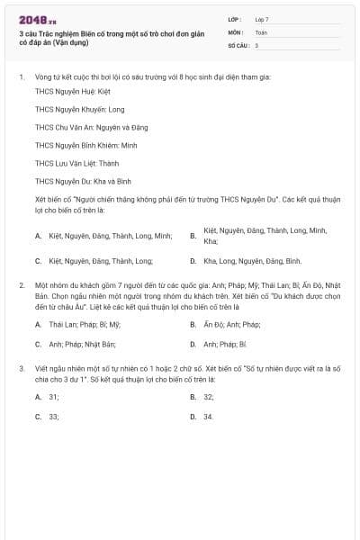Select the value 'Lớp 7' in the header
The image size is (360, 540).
pyautogui.click(x=262, y=18)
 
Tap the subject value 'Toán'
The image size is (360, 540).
pyautogui.click(x=261, y=31)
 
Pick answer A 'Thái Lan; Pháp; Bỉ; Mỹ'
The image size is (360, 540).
pyautogui.click(x=85, y=324)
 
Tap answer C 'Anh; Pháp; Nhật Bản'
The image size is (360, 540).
pyautogui.click(x=83, y=344)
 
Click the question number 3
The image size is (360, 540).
pyautogui.click(x=21, y=368)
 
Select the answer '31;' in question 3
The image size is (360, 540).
pyautogui.click(x=54, y=396)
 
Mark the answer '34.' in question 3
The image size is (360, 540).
pyautogui.click(x=209, y=417)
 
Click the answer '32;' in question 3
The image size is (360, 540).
pyautogui.click(x=209, y=396)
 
